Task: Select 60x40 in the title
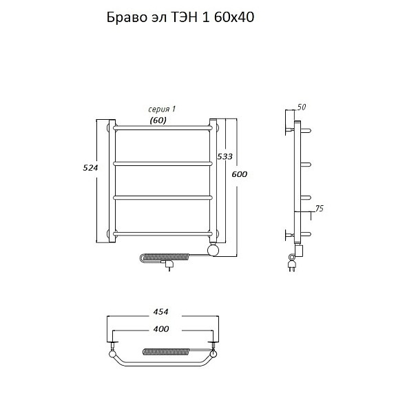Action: coord(234,18)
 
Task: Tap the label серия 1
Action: coord(162,110)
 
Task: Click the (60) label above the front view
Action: coord(158,121)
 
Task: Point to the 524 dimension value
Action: coord(90,167)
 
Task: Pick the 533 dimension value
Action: coord(225,156)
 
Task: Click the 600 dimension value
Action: coord(240,174)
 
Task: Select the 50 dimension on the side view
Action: coord(301,107)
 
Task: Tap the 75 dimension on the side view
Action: coord(320,209)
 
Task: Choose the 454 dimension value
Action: coord(161,312)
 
